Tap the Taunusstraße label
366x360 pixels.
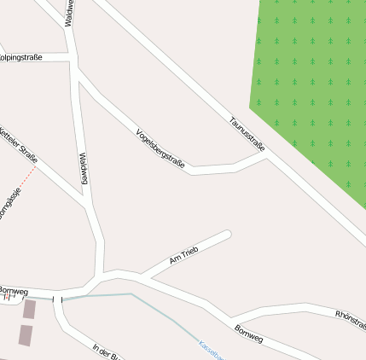tap(247, 134)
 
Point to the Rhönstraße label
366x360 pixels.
tap(350, 319)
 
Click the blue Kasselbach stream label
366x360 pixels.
tap(210, 350)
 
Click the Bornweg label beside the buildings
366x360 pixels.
tap(14, 291)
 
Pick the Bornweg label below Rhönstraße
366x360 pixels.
tap(248, 333)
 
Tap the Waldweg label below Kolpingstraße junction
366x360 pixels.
tap(84, 168)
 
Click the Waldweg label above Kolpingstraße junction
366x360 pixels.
tap(68, 13)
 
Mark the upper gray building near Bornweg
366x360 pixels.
tap(29, 310)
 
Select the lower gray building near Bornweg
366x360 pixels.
tap(25, 334)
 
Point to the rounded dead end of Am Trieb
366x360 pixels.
tap(227, 234)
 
